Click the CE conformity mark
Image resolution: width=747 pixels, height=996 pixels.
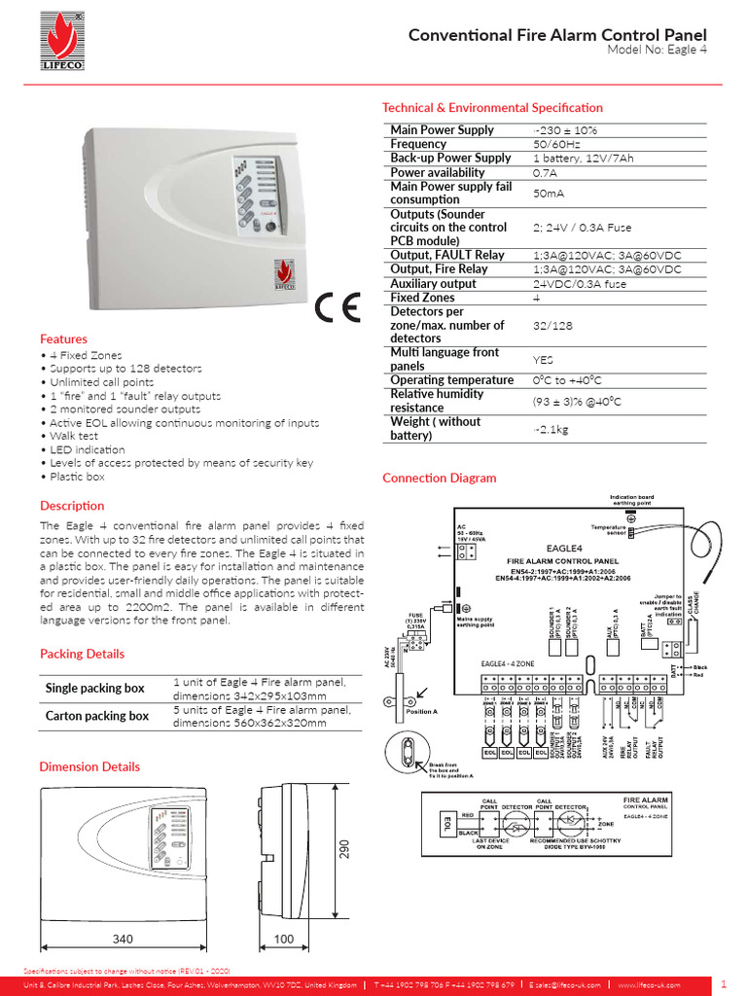tap(337, 309)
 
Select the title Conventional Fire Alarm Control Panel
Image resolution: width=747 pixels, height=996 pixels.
tap(557, 35)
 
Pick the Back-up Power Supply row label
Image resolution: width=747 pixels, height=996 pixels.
tap(450, 158)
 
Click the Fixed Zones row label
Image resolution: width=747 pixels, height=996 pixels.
tap(423, 298)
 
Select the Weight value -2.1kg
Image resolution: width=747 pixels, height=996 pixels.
tap(551, 429)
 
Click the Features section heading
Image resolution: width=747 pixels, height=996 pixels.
tap(63, 339)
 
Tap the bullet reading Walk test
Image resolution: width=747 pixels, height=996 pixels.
tap(72, 437)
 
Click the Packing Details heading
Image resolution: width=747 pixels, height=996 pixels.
tap(82, 654)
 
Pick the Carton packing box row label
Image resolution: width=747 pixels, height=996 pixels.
tap(97, 716)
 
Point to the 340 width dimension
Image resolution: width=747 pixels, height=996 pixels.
tap(122, 940)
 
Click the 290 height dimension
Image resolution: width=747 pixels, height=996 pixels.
tap(343, 850)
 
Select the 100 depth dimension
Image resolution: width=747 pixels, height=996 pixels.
tap(283, 940)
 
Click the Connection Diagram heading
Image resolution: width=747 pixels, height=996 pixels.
tap(439, 478)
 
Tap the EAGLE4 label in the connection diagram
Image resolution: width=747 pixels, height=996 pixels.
tap(564, 549)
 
